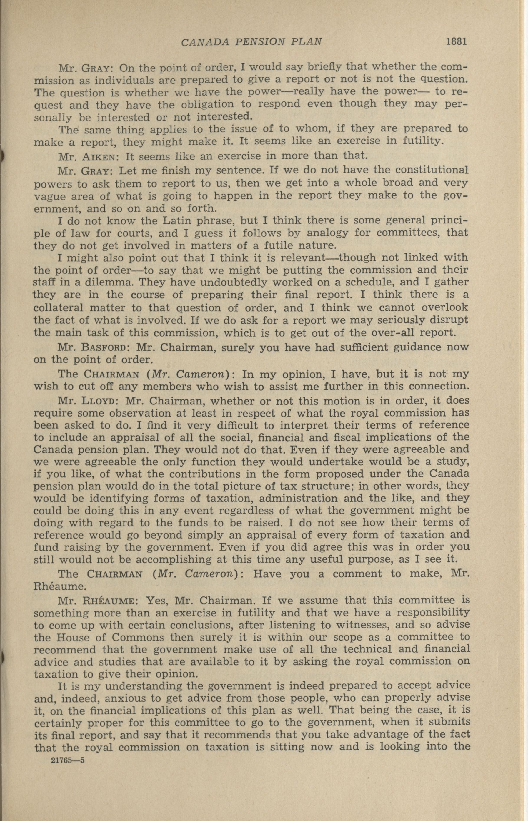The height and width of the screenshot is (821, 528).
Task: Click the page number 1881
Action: coord(456,41)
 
